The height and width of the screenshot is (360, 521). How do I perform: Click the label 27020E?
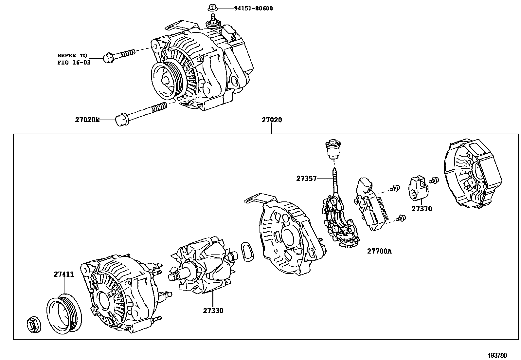click(87, 120)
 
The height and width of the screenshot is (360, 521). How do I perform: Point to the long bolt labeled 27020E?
click(141, 112)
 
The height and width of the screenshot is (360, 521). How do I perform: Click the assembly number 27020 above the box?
click(271, 120)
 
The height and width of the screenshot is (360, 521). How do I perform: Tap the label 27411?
click(64, 275)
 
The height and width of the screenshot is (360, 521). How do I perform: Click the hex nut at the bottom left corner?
click(33, 325)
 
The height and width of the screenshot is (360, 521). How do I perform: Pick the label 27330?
click(213, 311)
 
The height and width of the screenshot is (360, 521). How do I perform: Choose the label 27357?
click(307, 179)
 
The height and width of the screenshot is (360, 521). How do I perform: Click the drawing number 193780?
click(497, 355)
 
